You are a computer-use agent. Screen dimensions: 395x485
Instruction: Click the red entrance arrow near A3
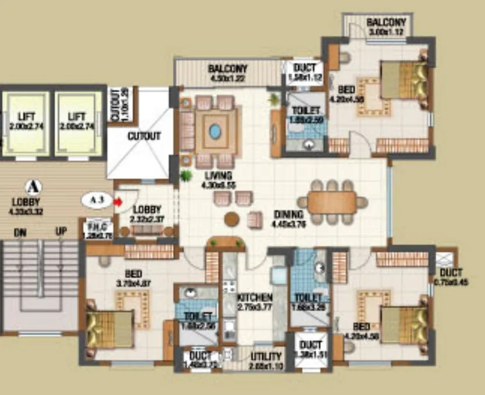pyautogui.click(x=118, y=202)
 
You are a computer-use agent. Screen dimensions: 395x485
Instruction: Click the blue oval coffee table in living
pyautogui.click(x=215, y=132)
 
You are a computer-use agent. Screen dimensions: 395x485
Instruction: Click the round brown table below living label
pyautogui.click(x=231, y=220)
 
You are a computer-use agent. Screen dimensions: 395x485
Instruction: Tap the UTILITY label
pyautogui.click(x=266, y=355)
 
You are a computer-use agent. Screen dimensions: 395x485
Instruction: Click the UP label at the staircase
pyautogui.click(x=61, y=232)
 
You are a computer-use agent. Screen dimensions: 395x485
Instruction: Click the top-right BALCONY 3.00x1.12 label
pyautogui.click(x=385, y=23)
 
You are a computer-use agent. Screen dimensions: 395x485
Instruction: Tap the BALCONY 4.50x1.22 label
pyautogui.click(x=228, y=69)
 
